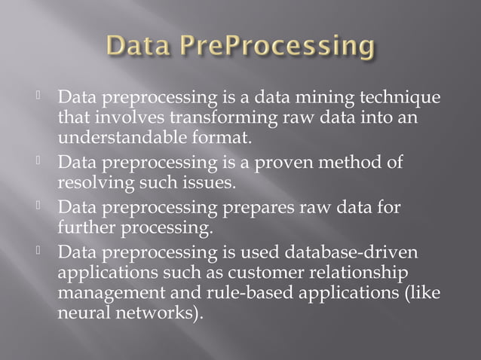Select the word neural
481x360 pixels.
pyautogui.click(x=82, y=310)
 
